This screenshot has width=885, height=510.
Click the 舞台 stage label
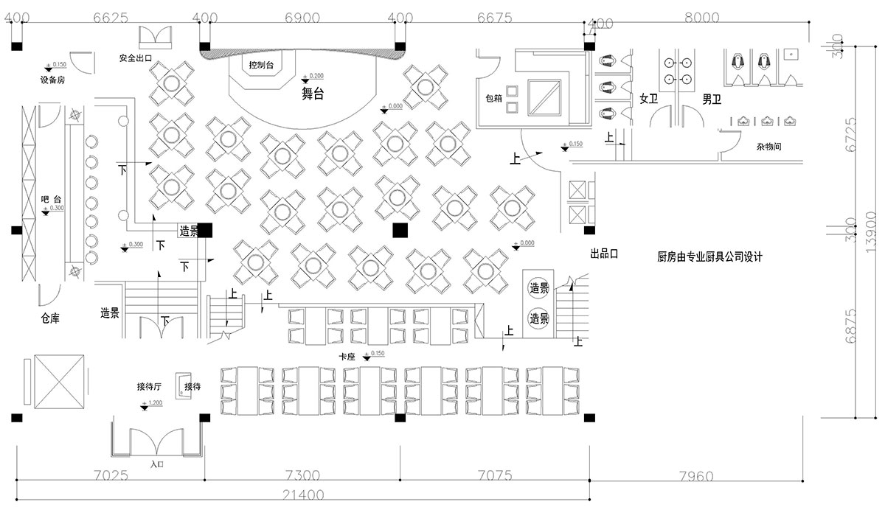pos(313,94)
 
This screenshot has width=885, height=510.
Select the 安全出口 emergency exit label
pos(135,57)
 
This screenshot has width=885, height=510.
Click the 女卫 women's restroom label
pos(648,99)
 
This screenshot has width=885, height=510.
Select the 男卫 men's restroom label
pos(712,99)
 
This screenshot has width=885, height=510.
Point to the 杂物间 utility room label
pos(768,147)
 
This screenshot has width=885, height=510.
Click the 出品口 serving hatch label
pos(603,254)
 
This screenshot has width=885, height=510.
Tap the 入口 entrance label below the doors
pos(156,464)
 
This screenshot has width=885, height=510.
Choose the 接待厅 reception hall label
pos(149,386)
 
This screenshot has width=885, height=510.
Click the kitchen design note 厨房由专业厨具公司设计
pos(709,257)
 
